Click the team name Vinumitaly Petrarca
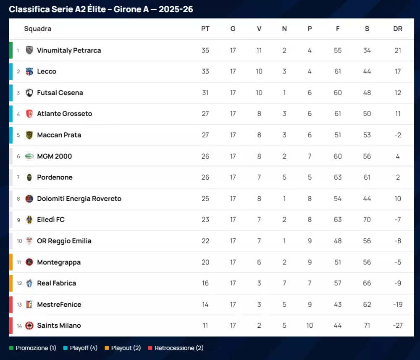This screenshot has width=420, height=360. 69,50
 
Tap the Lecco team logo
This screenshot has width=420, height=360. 29,71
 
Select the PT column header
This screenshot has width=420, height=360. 205,29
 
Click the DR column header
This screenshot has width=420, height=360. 397,29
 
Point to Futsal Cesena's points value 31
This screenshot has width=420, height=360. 205,93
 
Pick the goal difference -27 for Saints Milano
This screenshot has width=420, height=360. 397,326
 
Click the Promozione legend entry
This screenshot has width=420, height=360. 33,348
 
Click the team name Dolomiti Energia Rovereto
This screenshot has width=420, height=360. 79,198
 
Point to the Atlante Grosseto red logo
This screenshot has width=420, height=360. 29,114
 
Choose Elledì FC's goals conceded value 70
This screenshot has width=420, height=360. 367,219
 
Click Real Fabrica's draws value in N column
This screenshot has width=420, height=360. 284,283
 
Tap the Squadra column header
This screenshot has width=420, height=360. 38,29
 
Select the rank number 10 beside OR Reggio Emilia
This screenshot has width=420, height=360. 19,241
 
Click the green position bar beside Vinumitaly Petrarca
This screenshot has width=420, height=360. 11,50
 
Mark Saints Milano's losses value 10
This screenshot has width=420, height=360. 310,326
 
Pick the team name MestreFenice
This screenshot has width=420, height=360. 59,305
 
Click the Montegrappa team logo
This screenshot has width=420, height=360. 29,262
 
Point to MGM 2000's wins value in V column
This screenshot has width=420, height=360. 259,157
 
